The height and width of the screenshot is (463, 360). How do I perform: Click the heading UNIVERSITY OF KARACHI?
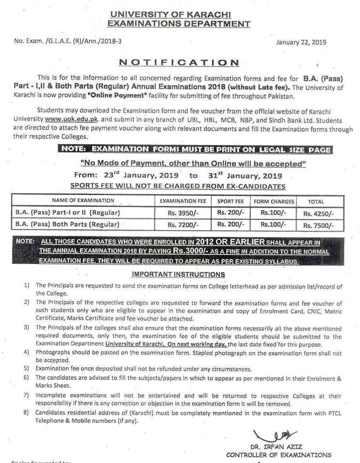(x=179, y=15)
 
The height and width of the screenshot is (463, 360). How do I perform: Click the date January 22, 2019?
(x=301, y=42)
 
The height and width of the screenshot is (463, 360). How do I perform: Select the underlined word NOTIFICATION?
(x=179, y=63)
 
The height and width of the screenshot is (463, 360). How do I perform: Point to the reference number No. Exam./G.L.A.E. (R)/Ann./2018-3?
(x=67, y=41)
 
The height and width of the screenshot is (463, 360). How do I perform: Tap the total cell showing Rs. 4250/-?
(x=319, y=213)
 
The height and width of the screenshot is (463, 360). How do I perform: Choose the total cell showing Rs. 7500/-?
(x=319, y=225)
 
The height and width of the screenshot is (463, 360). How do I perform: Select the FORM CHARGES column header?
(x=274, y=201)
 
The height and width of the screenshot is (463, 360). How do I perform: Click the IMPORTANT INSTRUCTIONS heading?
(x=179, y=274)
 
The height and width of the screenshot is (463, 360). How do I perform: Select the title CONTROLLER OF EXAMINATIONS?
(x=278, y=455)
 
